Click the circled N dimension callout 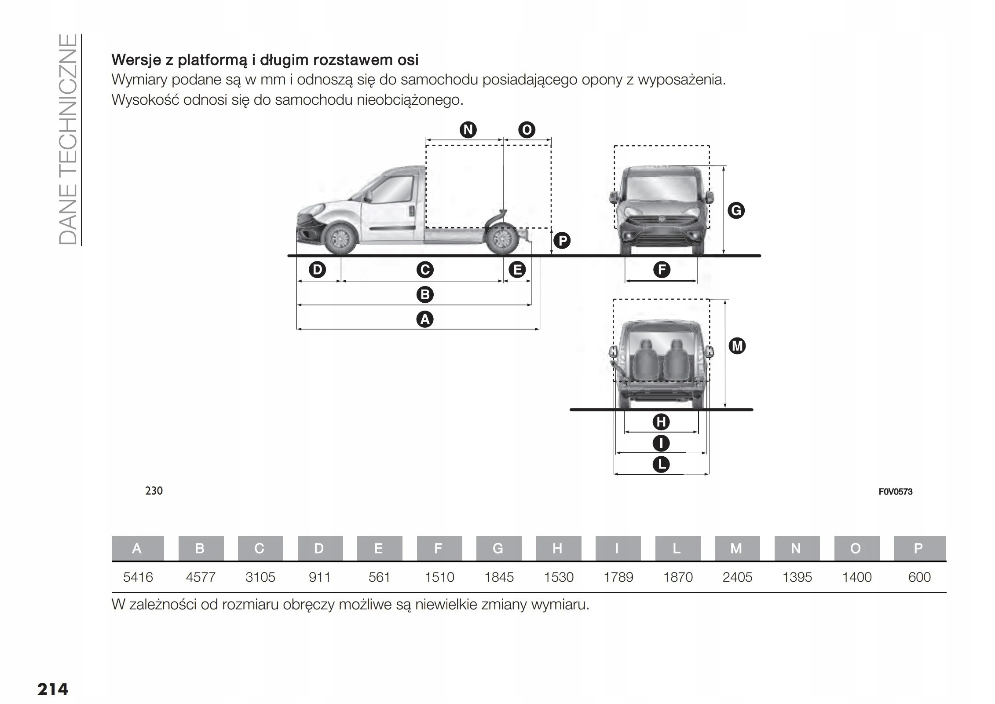tap(468, 130)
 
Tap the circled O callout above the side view tap(527, 130)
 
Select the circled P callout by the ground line tap(562, 241)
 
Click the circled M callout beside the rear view tap(737, 346)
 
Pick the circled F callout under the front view tap(662, 269)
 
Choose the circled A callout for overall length tap(424, 319)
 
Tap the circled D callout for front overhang tap(317, 269)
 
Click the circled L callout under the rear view tap(661, 464)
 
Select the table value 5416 tap(138, 577)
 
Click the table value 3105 tap(260, 577)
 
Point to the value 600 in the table tap(919, 577)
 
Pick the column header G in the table tap(498, 548)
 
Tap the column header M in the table tap(736, 548)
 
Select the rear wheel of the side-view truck tap(502, 240)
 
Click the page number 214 tap(53, 689)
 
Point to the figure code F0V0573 tap(895, 491)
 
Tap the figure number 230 tap(154, 491)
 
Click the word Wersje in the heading tap(136, 59)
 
